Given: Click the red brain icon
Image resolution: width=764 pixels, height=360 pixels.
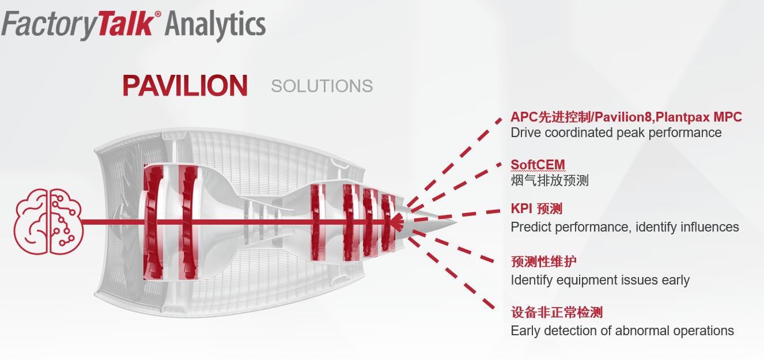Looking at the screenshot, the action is tap(48, 222).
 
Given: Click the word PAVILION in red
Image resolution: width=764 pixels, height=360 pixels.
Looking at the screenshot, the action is tap(185, 86).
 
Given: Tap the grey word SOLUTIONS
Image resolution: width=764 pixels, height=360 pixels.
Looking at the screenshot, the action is tap(322, 86).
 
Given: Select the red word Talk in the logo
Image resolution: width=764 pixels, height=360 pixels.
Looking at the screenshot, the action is tap(126, 24).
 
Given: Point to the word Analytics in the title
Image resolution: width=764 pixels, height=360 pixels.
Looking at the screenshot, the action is tap(215, 25).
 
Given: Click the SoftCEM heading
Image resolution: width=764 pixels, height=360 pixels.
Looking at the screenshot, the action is tap(538, 165).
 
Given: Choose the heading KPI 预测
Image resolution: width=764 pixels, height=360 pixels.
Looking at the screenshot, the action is tap(536, 209).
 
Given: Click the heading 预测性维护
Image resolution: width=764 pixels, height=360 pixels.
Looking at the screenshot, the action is tap(544, 262).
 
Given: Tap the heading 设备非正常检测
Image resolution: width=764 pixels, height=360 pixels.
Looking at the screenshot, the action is tap(557, 312).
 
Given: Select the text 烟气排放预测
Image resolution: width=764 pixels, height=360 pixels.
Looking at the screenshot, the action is tap(550, 180).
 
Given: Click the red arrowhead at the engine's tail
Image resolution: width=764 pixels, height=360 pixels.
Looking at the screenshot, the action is tap(396, 222).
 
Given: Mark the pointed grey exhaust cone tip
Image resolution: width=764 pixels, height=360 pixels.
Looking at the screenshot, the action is tap(457, 222).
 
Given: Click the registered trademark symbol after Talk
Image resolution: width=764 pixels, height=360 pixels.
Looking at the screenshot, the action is tap(157, 14).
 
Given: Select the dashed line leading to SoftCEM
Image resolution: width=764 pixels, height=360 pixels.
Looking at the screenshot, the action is tap(455, 185).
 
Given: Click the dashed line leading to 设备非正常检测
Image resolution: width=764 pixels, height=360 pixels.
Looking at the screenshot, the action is tap(451, 272).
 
